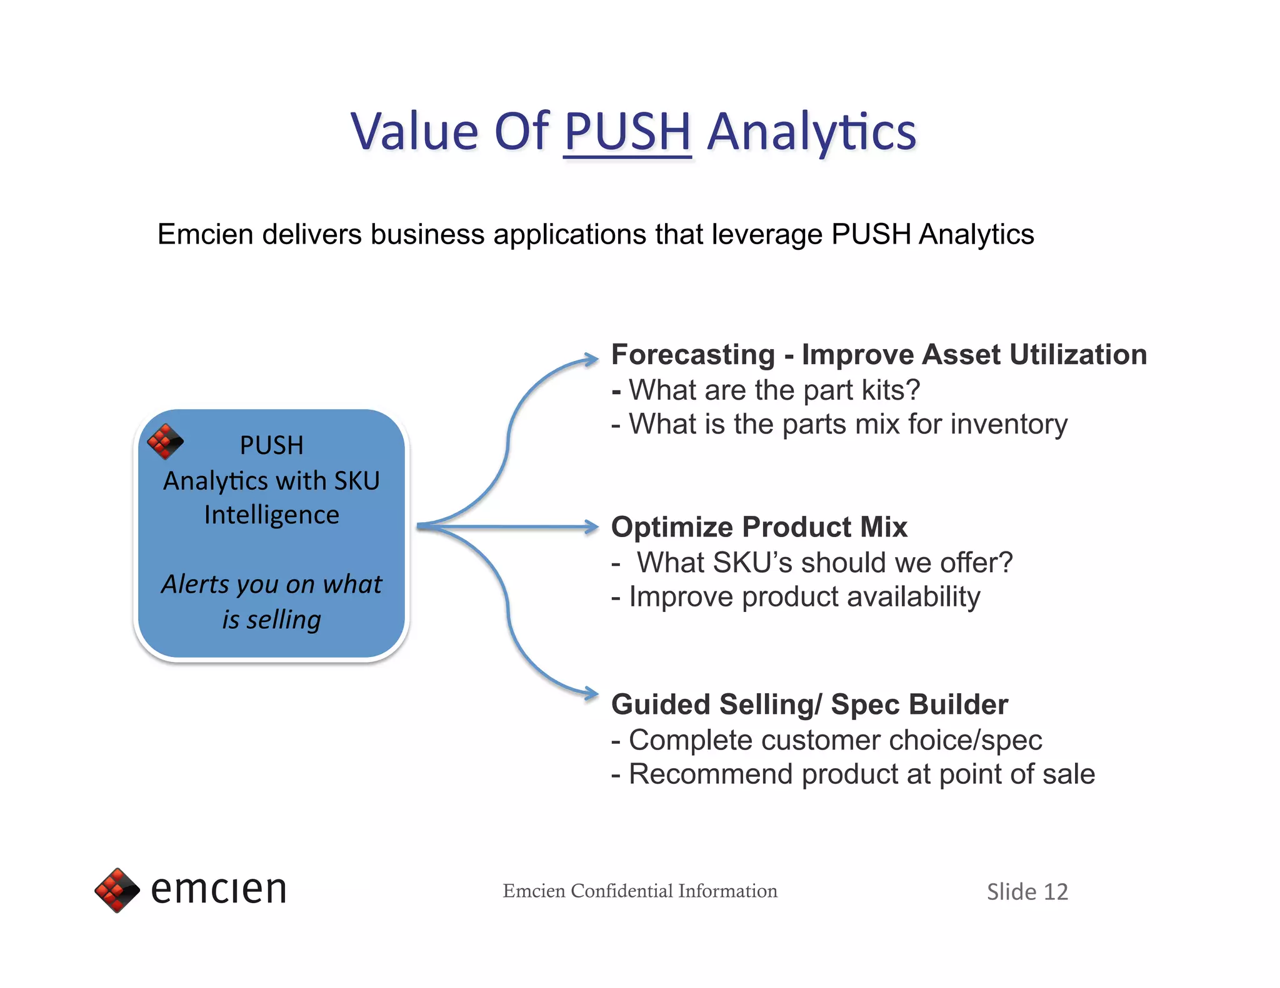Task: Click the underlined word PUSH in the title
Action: (627, 132)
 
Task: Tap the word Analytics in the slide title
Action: (811, 132)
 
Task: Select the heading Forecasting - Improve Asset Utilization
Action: (879, 355)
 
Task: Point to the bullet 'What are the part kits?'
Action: (774, 390)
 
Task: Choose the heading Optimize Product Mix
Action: (759, 527)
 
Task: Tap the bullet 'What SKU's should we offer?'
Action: (824, 563)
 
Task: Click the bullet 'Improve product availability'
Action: (804, 597)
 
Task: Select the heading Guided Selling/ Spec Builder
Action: (809, 704)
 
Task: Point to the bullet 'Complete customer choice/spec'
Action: (834, 740)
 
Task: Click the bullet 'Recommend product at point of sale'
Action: (861, 774)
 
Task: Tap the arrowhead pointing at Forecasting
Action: (591, 359)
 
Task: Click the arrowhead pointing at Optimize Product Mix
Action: (591, 527)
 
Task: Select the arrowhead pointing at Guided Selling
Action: (591, 693)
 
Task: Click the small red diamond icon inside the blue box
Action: (165, 442)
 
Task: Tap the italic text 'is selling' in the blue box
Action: (271, 620)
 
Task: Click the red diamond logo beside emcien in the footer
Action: (117, 890)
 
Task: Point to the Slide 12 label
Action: (1027, 892)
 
